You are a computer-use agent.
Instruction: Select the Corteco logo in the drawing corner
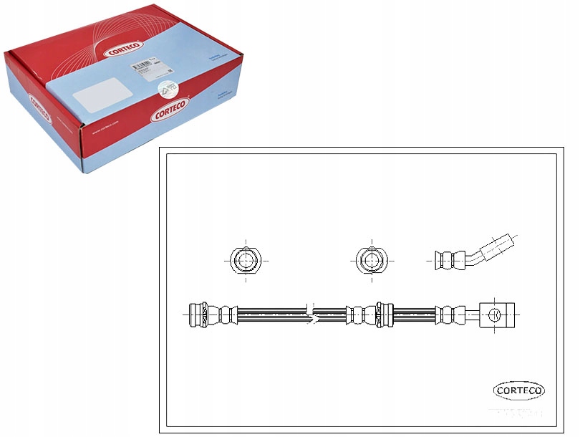point(519,390)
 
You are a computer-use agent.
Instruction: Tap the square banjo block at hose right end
point(496,314)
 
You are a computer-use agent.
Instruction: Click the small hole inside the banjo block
point(495,314)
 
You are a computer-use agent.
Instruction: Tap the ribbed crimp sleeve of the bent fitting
point(449,259)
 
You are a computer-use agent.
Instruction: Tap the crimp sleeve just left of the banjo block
point(449,314)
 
